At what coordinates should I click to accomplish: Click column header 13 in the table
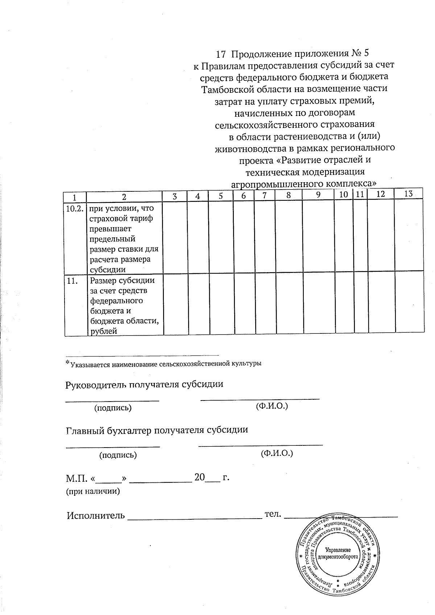click(x=408, y=194)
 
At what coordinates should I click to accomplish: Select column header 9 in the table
click(x=318, y=195)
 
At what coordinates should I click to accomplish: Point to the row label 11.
click(x=72, y=281)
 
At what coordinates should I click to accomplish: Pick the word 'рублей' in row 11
click(x=103, y=331)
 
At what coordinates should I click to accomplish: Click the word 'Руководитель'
click(x=94, y=385)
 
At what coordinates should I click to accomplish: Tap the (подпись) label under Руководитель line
click(x=113, y=408)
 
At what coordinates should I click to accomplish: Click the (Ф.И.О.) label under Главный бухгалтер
click(x=277, y=453)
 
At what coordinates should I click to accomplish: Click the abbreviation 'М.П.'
click(x=76, y=478)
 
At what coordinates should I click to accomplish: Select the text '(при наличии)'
click(x=92, y=492)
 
